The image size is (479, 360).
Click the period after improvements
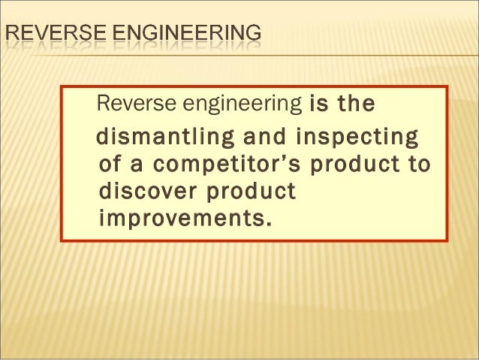267,223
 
